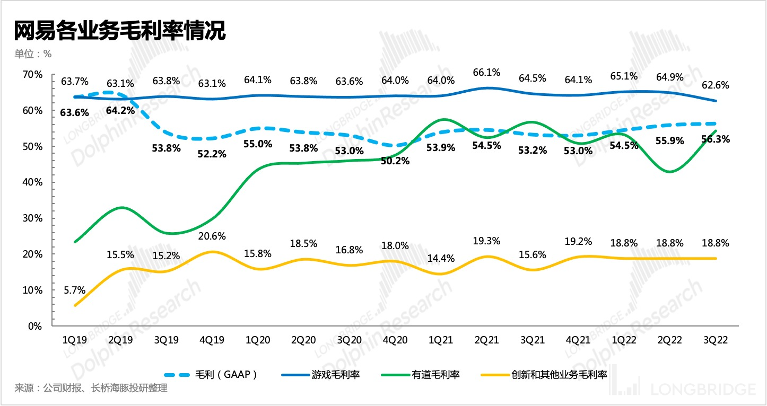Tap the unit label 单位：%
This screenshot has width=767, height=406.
[33, 54]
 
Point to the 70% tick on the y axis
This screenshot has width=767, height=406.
[32, 75]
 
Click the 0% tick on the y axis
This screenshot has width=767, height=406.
[35, 326]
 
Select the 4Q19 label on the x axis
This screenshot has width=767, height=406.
[212, 340]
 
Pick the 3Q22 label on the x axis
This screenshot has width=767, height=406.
[716, 340]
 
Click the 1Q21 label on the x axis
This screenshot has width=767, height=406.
[441, 340]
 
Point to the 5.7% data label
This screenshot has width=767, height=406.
[74, 290]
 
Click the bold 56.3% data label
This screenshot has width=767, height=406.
[716, 139]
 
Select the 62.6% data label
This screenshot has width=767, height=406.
[716, 85]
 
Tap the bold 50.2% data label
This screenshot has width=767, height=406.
[395, 161]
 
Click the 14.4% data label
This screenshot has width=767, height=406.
[441, 259]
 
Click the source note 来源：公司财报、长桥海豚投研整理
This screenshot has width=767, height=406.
[91, 388]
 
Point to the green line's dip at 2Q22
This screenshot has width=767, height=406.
[670, 172]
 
